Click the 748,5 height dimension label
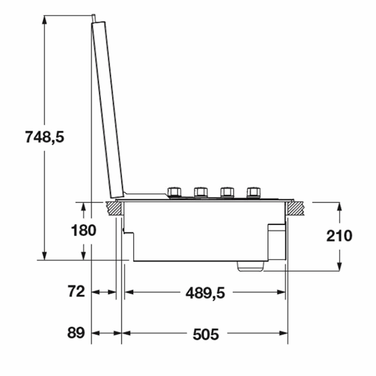45,137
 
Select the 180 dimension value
84,230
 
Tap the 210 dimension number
340,236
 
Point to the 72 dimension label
76,291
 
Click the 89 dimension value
76,332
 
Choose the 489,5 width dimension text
205,293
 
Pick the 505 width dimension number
206,334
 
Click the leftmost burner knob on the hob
174,192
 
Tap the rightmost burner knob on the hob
254,192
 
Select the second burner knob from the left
201,192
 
